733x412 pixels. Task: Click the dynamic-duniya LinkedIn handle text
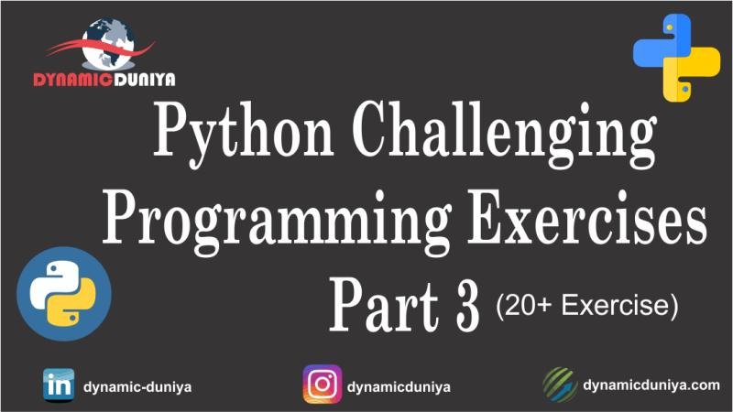(x=137, y=386)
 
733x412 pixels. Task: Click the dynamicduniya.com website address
(x=651, y=385)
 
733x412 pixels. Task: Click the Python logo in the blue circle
(x=64, y=294)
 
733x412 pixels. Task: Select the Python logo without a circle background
(x=676, y=57)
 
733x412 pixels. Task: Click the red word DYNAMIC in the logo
(x=69, y=80)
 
